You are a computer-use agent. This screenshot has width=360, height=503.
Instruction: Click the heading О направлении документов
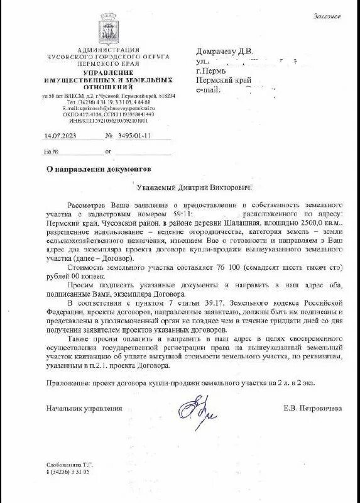tap(99, 169)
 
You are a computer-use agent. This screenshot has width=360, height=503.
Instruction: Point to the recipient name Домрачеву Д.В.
tap(226, 52)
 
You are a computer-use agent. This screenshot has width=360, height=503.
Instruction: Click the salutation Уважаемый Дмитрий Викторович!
tap(197, 187)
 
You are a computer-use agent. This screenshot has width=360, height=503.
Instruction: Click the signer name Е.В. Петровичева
tap(312, 409)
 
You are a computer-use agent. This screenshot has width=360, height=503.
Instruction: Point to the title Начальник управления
tap(84, 409)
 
